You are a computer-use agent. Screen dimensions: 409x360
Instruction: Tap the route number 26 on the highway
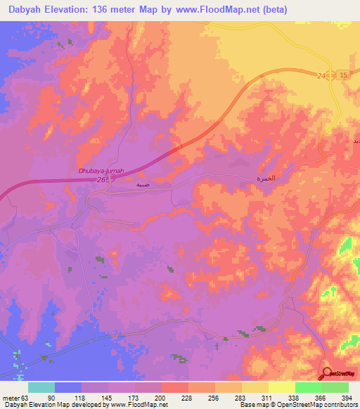101,180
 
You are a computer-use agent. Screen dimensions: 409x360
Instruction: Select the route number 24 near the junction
322,75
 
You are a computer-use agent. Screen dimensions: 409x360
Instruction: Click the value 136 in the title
103,10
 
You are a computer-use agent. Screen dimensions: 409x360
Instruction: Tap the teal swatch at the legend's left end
41,387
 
